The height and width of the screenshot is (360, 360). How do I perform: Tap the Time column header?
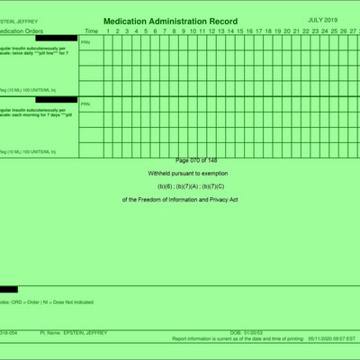point(91,31)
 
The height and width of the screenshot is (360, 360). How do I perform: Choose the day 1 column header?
point(107,31)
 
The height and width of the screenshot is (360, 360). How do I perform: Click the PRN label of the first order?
point(85,42)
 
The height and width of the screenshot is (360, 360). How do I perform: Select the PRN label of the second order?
point(85,103)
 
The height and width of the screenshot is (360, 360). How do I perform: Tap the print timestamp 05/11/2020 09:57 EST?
point(332,339)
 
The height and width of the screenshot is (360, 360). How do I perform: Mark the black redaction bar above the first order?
point(56,38)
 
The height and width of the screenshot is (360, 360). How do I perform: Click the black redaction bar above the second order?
point(56,99)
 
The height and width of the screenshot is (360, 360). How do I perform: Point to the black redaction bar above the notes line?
point(8,289)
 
